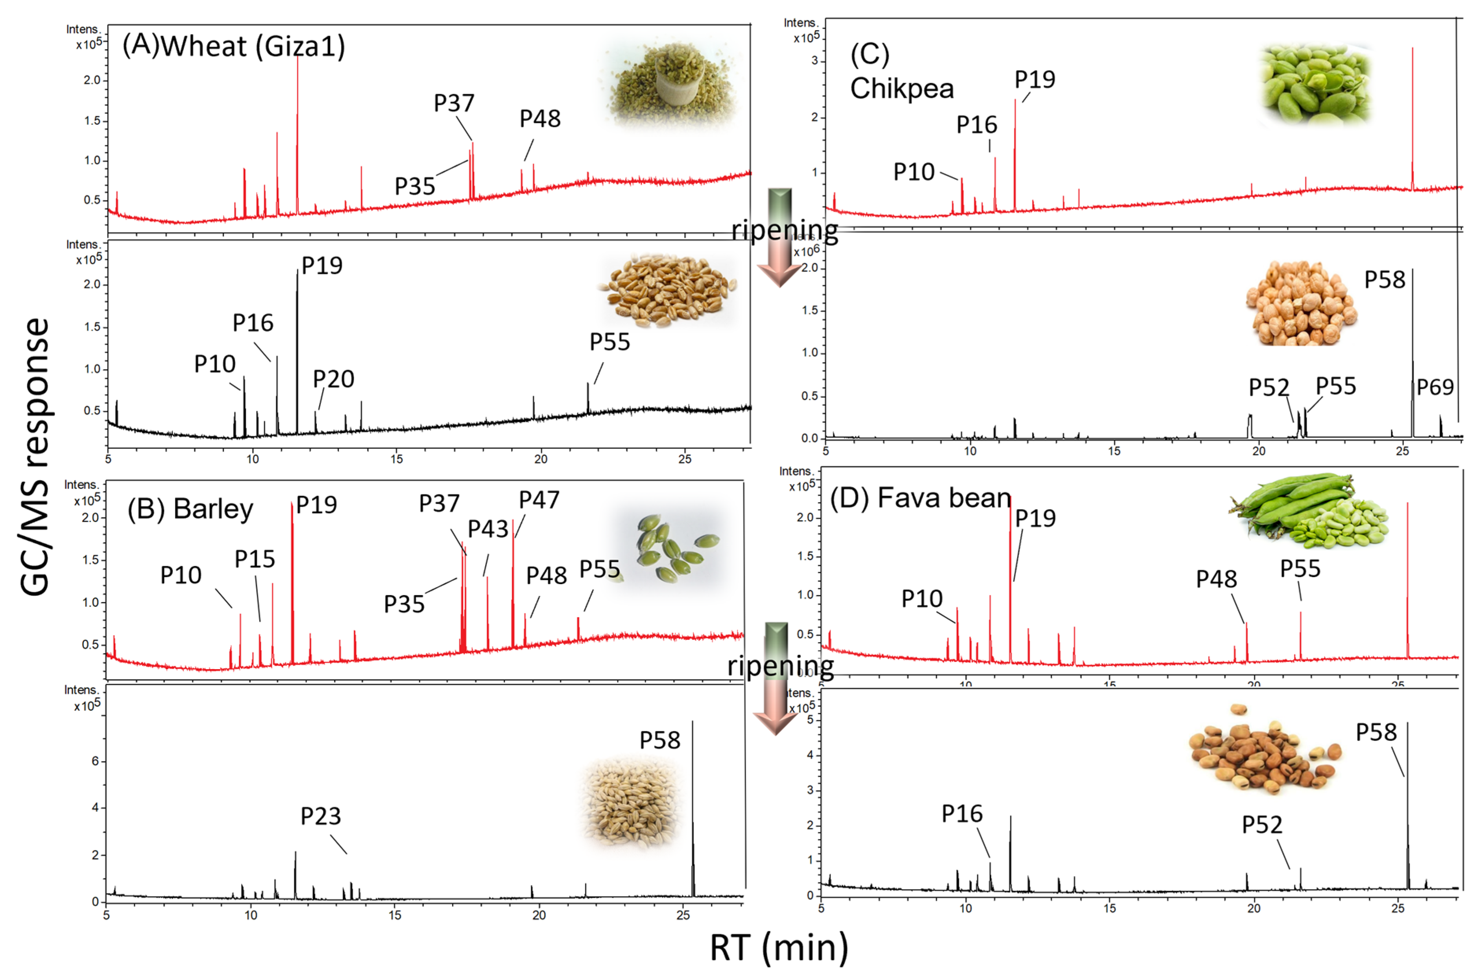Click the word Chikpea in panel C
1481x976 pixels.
point(902,89)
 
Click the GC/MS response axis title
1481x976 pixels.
point(34,457)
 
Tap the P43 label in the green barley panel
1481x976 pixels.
point(488,529)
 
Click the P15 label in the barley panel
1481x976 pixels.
point(255,559)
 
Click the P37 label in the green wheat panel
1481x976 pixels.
point(454,103)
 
